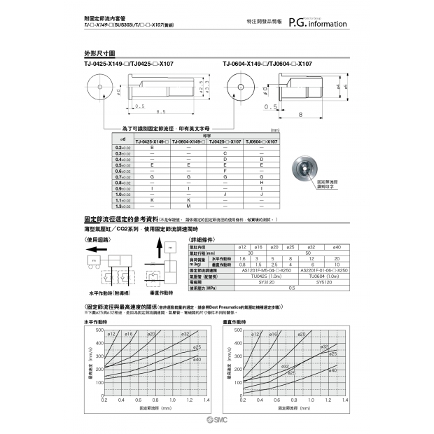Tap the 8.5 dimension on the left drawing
161,111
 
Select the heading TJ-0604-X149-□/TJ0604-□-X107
267,64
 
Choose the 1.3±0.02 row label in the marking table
122,206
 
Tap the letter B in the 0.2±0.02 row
153,148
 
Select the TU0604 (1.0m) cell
321,276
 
